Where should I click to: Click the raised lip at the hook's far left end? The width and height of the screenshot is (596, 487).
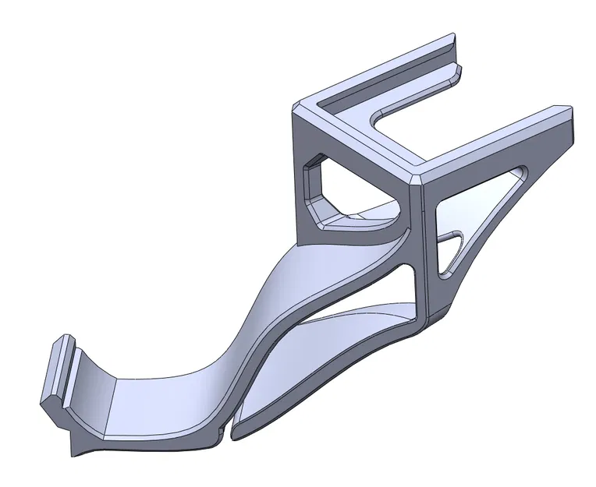click(x=59, y=374)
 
